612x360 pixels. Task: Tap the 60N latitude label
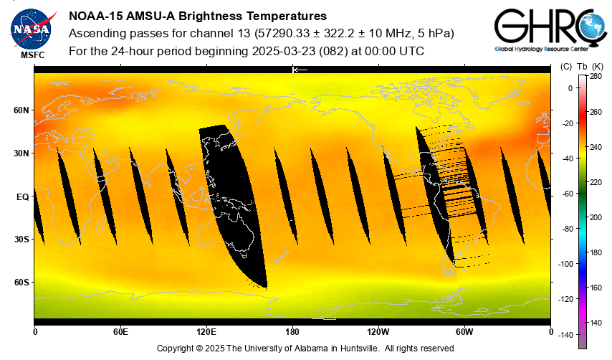click(21, 110)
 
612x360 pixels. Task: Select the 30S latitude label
click(21, 240)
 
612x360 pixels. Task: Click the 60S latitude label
click(21, 283)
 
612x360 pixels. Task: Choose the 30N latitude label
click(21, 153)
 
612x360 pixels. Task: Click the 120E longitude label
click(206, 331)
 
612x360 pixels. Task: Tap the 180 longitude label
click(292, 331)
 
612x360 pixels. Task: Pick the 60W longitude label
click(464, 331)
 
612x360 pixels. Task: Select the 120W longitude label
click(378, 331)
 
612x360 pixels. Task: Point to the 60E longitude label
click(120, 331)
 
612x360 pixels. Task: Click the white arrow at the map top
click(300, 70)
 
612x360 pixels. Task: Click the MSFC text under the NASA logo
click(32, 55)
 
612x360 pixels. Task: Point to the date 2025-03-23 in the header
click(285, 52)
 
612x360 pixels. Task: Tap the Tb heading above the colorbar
click(581, 66)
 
